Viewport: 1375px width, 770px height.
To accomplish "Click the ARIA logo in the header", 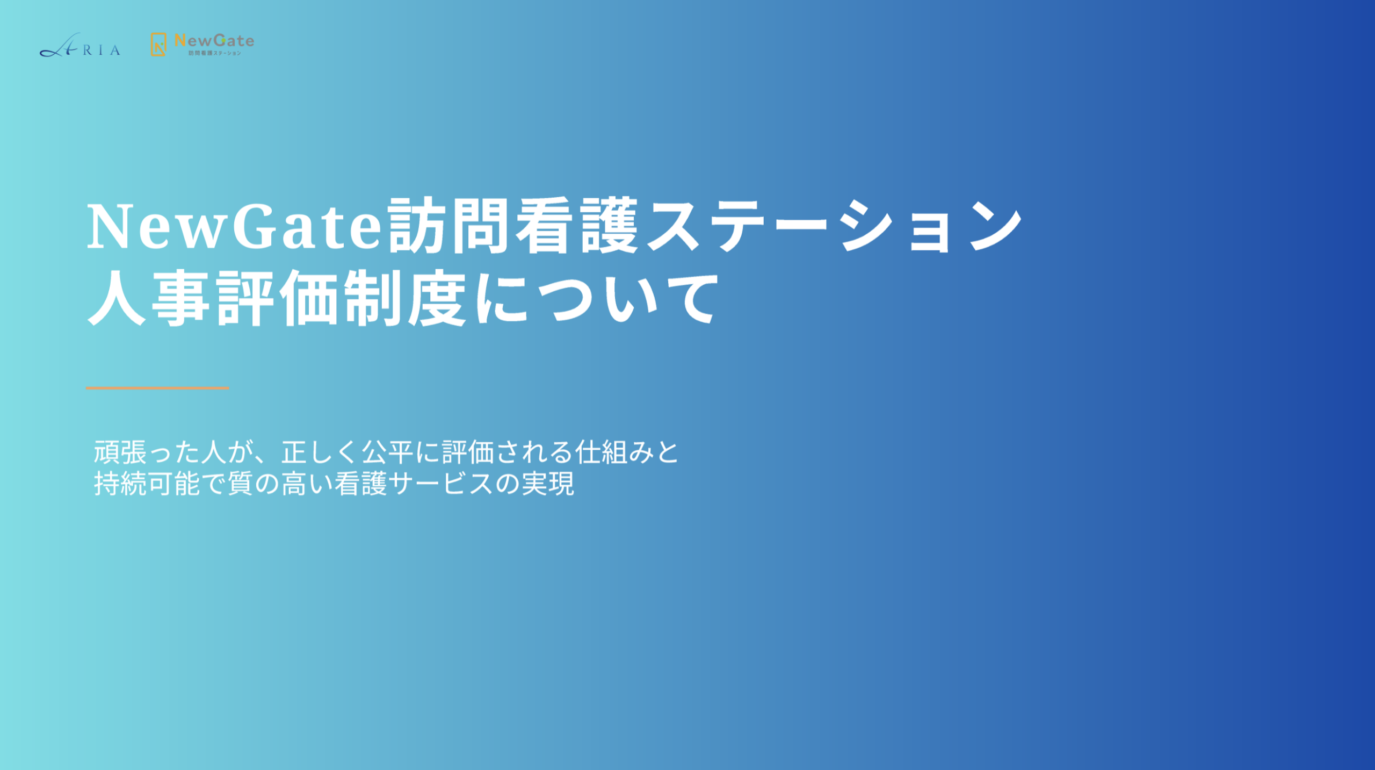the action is click(x=79, y=45).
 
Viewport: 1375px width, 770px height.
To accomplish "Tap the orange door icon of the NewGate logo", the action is click(x=158, y=45).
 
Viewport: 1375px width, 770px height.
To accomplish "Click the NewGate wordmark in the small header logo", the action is click(x=214, y=40).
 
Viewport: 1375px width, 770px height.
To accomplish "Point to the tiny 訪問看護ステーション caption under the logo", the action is click(x=214, y=53).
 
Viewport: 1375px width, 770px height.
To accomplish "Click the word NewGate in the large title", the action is click(x=234, y=226).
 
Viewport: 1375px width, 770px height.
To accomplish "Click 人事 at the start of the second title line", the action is click(x=149, y=298).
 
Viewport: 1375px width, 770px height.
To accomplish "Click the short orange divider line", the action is click(x=157, y=387).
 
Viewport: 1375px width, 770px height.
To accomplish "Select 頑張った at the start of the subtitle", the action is click(x=147, y=452).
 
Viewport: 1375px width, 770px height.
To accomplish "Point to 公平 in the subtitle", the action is click(x=387, y=452).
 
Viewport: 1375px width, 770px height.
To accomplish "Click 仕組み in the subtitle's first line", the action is click(x=614, y=452).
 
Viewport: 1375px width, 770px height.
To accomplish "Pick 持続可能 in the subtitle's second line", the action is click(x=147, y=484).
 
